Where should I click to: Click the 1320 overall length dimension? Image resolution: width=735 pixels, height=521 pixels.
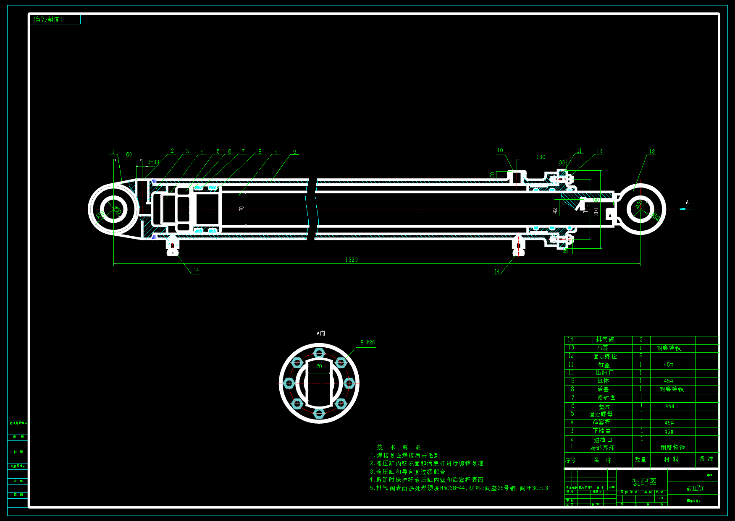352,260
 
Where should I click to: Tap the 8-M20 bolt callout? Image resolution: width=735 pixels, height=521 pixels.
367,342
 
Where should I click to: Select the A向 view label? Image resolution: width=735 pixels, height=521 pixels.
321,333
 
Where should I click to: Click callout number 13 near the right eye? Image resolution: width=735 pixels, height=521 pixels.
651,151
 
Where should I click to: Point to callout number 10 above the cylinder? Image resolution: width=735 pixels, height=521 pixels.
500,150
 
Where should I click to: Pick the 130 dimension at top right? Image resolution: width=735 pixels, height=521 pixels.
541,157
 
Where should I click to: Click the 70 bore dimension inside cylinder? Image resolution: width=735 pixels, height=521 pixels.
241,208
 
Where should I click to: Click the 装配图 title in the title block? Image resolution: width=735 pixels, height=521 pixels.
644,482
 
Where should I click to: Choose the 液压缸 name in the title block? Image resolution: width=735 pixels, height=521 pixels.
695,488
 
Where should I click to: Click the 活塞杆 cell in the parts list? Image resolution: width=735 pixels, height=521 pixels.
601,422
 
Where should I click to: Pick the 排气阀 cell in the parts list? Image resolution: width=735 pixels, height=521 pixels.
605,339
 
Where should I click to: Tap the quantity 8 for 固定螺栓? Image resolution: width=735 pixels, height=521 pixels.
641,356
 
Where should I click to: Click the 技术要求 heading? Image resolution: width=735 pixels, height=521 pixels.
399,447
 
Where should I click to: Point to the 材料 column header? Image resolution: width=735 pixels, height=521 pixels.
671,459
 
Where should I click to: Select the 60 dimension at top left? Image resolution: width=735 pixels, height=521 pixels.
129,154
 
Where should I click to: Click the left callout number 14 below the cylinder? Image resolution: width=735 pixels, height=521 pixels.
196,270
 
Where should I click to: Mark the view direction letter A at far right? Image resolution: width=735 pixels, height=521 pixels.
687,202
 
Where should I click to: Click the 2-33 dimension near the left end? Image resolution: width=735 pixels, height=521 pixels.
153,162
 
